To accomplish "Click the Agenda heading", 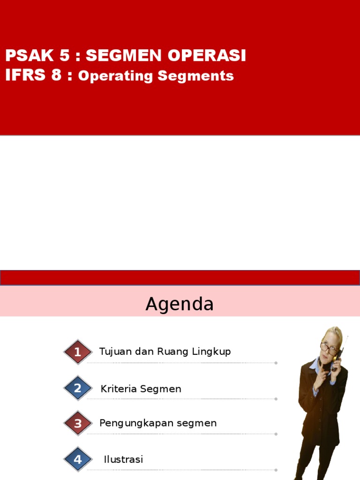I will [180, 304].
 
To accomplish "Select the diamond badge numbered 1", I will [78, 352].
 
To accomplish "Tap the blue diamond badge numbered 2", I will [78, 388].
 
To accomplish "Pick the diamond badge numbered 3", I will [78, 424].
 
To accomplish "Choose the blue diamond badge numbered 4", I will [78, 460].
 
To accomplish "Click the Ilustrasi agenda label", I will [123, 459].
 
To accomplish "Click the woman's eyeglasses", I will [329, 348].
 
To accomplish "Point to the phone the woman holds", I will [337, 359].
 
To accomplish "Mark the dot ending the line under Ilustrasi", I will [276, 470].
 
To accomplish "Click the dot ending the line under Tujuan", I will [276, 363].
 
